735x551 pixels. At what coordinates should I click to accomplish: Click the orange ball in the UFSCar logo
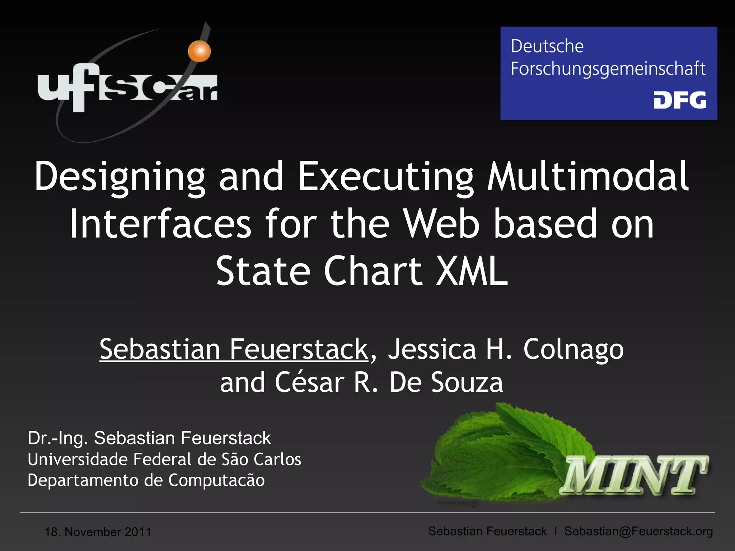pyautogui.click(x=199, y=51)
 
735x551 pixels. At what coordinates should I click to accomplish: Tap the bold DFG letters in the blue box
pyautogui.click(x=680, y=100)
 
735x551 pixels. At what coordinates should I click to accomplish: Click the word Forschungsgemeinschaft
pyautogui.click(x=608, y=69)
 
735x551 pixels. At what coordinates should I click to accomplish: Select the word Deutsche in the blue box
pyautogui.click(x=547, y=46)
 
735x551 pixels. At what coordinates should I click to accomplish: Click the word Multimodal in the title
pyautogui.click(x=587, y=176)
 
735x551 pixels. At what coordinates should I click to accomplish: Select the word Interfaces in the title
pyautogui.click(x=160, y=224)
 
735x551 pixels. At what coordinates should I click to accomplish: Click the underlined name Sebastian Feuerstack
pyautogui.click(x=234, y=349)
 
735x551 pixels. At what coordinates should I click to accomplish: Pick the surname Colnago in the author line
pyautogui.click(x=573, y=349)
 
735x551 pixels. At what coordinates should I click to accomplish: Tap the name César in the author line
pyautogui.click(x=310, y=382)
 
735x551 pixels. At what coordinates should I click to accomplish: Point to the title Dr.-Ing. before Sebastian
pyautogui.click(x=58, y=438)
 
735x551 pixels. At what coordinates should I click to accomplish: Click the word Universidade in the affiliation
pyautogui.click(x=78, y=460)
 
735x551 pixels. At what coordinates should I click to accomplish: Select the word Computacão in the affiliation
pyautogui.click(x=216, y=480)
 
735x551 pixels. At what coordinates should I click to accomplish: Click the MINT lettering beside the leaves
pyautogui.click(x=633, y=475)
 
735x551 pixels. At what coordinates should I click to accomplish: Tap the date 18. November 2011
pyautogui.click(x=98, y=532)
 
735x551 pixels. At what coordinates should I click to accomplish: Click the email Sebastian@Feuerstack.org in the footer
pyautogui.click(x=638, y=531)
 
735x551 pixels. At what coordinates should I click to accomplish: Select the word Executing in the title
pyautogui.click(x=386, y=176)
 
